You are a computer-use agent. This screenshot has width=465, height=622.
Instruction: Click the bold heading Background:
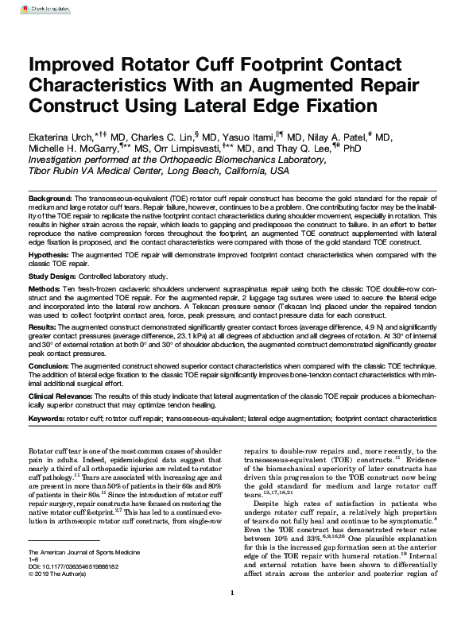pos(51,196)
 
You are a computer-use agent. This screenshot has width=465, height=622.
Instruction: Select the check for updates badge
pos(33,9)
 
